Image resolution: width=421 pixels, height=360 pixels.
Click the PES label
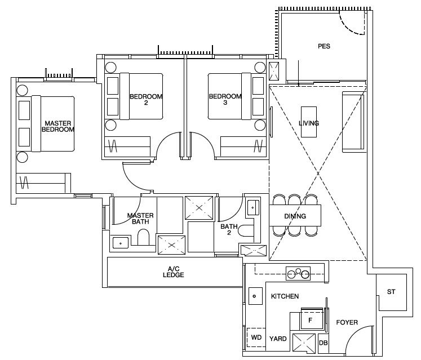[x=324, y=46]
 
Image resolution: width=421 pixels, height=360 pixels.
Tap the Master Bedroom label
[x=58, y=126]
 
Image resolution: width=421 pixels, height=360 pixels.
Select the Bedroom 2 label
[x=146, y=99]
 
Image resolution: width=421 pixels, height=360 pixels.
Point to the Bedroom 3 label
[x=225, y=99]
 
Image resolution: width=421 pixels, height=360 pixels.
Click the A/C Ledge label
[x=174, y=272]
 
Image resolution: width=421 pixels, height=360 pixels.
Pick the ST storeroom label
[x=391, y=291]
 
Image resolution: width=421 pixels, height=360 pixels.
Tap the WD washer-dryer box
[x=256, y=337]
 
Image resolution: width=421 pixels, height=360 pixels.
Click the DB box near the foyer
[x=323, y=343]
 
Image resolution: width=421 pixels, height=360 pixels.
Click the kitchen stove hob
[x=298, y=274]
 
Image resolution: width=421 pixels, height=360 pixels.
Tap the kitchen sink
[x=255, y=296]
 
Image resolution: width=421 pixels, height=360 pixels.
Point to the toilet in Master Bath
[x=143, y=237]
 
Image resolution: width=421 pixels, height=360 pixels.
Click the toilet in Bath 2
[x=246, y=230]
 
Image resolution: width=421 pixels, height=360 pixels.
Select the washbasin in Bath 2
[x=253, y=207]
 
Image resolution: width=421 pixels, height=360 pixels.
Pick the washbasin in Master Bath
[x=121, y=243]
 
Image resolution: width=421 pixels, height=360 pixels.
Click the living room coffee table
[x=309, y=122]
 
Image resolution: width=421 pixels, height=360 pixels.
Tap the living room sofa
[x=353, y=122]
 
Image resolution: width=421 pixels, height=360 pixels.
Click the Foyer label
[x=347, y=322]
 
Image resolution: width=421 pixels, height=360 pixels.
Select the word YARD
[x=278, y=339]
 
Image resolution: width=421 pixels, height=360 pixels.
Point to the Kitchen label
[x=285, y=296]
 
